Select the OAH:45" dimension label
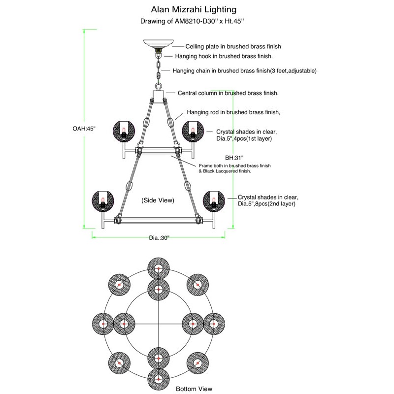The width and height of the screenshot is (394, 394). [x=83, y=128]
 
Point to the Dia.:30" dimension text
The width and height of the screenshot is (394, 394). [x=159, y=238]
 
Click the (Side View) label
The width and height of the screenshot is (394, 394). [x=158, y=201]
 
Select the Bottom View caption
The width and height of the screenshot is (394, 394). [x=195, y=389]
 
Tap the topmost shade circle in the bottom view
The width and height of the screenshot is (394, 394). [x=159, y=268]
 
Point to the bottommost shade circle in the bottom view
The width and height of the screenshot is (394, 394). [x=159, y=378]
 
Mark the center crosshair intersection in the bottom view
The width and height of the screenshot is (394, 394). [x=159, y=324]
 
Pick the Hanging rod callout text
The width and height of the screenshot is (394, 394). [x=233, y=112]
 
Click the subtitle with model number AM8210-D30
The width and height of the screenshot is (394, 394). [x=192, y=21]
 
